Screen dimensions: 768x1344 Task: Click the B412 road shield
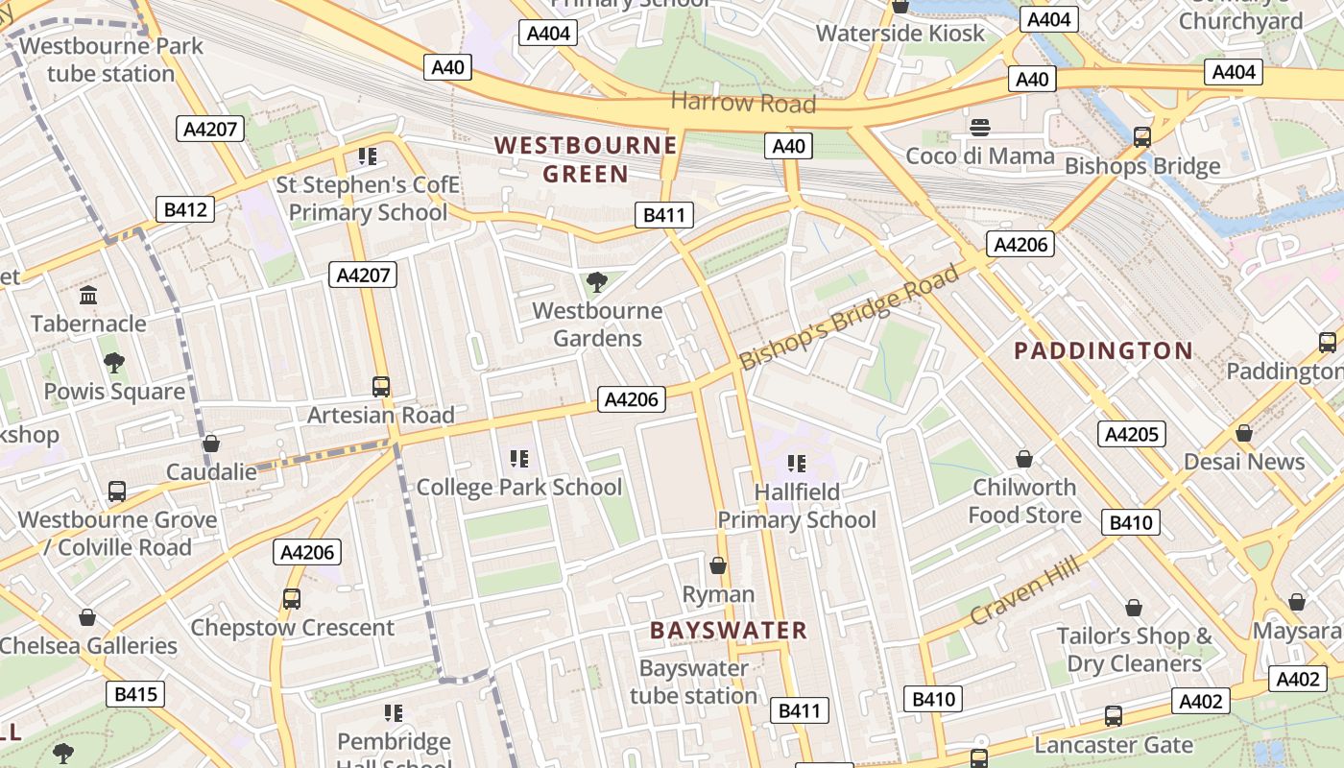tap(185, 209)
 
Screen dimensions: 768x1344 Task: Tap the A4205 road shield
tap(1132, 434)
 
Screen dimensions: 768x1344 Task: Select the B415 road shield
tap(135, 694)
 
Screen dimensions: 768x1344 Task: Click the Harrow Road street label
tap(743, 103)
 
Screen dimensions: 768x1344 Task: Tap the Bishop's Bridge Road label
tap(850, 318)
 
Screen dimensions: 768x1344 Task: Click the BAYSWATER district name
tap(729, 631)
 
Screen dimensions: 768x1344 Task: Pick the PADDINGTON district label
tap(1103, 350)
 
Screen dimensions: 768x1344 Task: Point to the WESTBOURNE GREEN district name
tap(586, 159)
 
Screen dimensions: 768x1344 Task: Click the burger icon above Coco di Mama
tap(980, 128)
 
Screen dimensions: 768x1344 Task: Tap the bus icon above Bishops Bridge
tap(1141, 136)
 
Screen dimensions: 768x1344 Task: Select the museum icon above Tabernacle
tap(89, 295)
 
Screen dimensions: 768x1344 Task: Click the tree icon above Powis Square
tap(113, 363)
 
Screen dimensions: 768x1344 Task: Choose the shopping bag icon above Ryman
tap(717, 565)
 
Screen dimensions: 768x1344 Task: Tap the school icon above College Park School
tap(519, 459)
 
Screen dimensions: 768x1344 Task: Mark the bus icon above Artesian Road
tap(381, 387)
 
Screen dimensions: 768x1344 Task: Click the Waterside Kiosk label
tap(900, 34)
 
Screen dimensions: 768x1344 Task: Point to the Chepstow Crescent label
tap(293, 628)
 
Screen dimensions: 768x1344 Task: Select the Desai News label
tap(1244, 462)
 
